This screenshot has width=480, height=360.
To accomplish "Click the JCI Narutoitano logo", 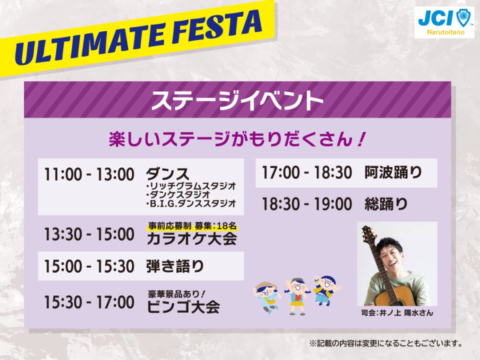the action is (444, 22).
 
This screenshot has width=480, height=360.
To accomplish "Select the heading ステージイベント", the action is (237, 100).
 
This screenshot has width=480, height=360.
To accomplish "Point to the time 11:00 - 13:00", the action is (89, 174).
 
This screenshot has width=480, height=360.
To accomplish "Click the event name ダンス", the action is (168, 174).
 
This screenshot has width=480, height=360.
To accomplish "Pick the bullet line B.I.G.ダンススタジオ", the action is (191, 203).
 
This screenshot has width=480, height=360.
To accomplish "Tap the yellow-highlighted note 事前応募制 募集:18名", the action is (192, 226).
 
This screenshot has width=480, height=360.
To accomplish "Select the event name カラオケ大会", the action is (192, 239).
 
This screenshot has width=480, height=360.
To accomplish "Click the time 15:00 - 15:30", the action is (89, 266).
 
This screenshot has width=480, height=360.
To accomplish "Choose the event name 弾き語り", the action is (175, 265).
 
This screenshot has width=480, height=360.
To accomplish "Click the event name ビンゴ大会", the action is (183, 306).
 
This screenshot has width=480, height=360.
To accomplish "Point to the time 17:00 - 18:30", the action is (307, 172).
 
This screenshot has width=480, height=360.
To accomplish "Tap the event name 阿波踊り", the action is (393, 172).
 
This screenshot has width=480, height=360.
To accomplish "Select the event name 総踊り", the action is (386, 204).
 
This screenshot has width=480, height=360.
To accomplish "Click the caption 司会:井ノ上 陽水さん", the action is (397, 313).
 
